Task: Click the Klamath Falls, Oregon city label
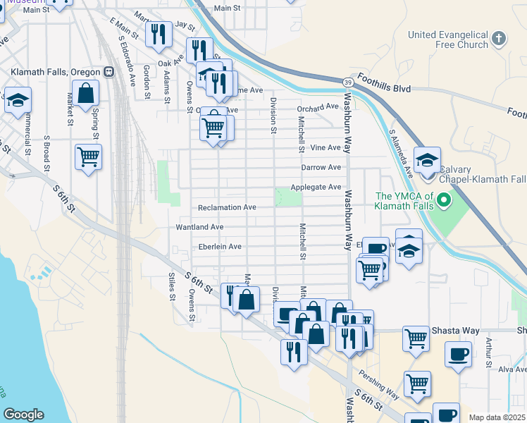coord(56,72)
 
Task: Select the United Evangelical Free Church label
coord(448,39)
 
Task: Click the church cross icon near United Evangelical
coord(499,38)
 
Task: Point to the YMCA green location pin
coord(443,202)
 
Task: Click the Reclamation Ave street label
coord(227,207)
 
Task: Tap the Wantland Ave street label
coord(199,227)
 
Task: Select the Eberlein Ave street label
coord(220,247)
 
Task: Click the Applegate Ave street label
coord(316,187)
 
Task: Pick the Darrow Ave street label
coord(321,167)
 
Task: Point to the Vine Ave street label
coord(325,148)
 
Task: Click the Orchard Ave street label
coord(318,107)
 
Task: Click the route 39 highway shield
coord(349,83)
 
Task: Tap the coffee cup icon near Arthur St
coord(459,354)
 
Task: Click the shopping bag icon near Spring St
coord(85,93)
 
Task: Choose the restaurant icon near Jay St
coord(159,33)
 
